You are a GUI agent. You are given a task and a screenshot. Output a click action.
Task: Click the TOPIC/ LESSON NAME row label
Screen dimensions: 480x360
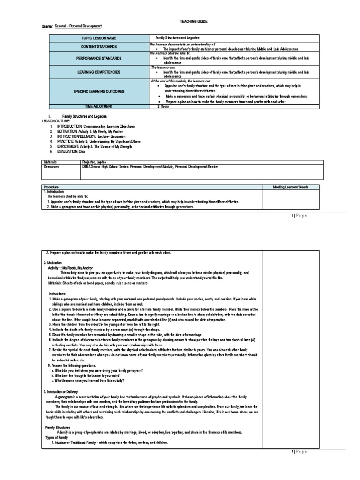click(98, 38)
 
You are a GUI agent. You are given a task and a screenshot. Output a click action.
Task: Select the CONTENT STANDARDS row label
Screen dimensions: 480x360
click(98, 47)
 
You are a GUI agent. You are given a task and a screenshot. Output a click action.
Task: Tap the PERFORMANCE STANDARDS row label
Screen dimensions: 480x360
click(98, 59)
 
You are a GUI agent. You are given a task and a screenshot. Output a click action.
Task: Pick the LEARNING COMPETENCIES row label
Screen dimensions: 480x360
click(98, 72)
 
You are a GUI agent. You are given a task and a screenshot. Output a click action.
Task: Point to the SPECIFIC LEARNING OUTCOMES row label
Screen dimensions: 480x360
click(98, 91)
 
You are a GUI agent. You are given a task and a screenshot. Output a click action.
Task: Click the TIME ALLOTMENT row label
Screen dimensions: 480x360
click(98, 107)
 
